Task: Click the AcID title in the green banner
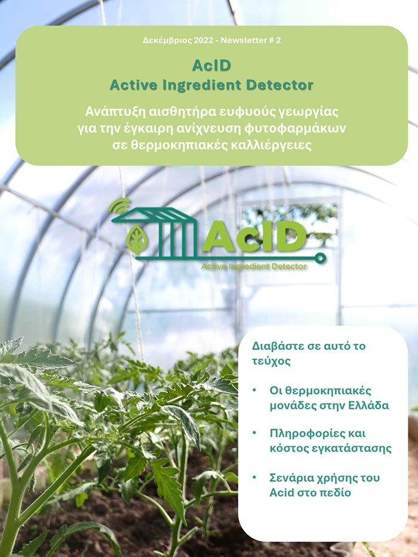pyautogui.click(x=211, y=65)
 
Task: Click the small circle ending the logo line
pyautogui.click(x=320, y=259)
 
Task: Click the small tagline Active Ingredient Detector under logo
pyautogui.click(x=254, y=266)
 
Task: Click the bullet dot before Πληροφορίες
pyautogui.click(x=254, y=433)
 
